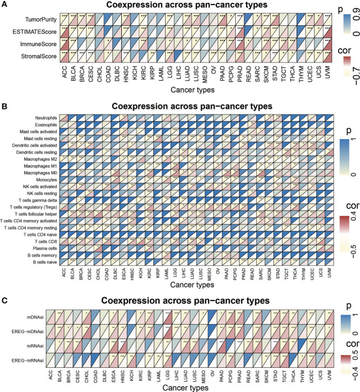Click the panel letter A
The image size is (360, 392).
coord(4,5)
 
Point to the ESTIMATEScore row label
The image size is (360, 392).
coord(32,31)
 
